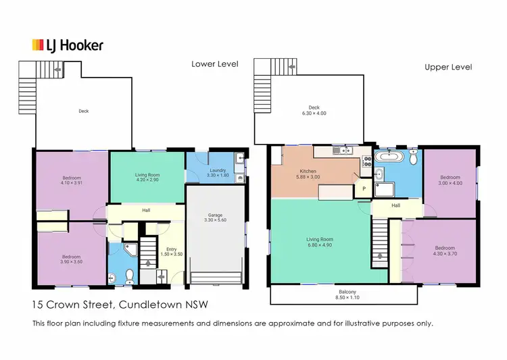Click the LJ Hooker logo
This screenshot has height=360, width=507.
tap(68, 45)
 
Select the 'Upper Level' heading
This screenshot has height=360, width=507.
tap(448, 67)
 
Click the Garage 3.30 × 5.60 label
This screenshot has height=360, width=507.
tap(214, 218)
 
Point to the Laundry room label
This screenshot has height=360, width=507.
tap(217, 173)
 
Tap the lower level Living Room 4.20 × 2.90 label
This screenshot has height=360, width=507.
tap(147, 178)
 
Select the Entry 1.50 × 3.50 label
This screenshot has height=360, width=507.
tap(171, 252)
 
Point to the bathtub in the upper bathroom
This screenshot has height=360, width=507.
tap(389, 157)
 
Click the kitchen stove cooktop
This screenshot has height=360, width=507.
tap(367, 161)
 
